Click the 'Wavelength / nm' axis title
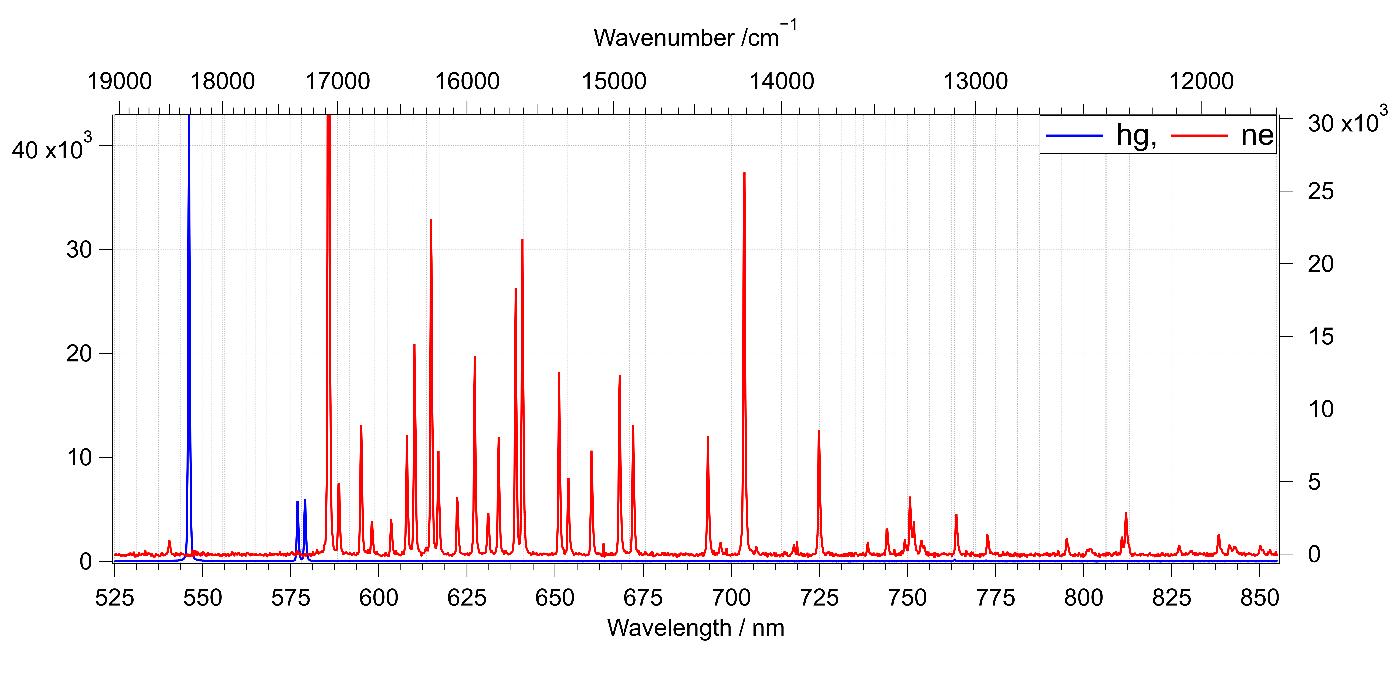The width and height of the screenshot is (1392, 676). point(695,628)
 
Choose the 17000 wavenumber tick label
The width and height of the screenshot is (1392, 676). point(338,82)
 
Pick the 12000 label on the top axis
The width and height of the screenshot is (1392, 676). point(1201,82)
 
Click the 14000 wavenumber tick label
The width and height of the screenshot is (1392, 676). point(781,82)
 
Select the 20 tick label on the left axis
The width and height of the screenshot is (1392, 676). point(79,354)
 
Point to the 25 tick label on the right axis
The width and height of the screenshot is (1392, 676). point(1321,191)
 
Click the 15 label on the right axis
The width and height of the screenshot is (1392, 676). point(1321,337)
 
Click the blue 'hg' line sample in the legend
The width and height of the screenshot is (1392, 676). point(1074,135)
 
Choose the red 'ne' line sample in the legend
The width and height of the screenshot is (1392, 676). point(1199,135)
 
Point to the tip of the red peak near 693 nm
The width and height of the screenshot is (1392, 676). point(708,437)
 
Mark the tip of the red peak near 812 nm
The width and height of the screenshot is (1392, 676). point(1126,512)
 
